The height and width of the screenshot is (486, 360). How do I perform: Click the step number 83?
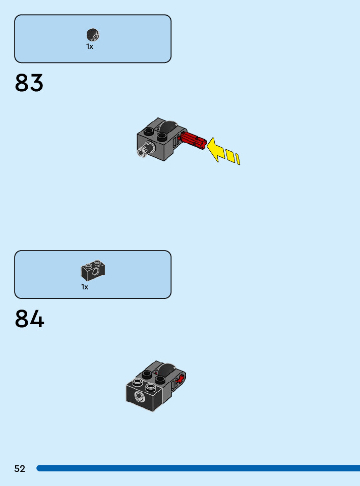pyautogui.click(x=29, y=83)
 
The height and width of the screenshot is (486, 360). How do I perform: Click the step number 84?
pyautogui.click(x=29, y=319)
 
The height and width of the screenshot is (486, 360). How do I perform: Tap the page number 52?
pyautogui.click(x=20, y=469)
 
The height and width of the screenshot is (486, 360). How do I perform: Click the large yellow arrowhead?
pyautogui.click(x=216, y=149)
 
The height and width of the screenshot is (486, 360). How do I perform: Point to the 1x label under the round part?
pyautogui.click(x=90, y=46)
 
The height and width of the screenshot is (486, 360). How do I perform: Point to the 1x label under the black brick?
pyautogui.click(x=85, y=287)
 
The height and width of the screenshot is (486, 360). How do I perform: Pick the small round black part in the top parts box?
pyautogui.click(x=93, y=35)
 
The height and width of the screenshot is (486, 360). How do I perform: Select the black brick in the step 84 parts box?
pyautogui.click(x=93, y=271)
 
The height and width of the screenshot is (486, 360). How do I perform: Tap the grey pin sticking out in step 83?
pyautogui.click(x=143, y=150)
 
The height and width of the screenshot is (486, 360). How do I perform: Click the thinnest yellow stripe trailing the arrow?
pyautogui.click(x=237, y=160)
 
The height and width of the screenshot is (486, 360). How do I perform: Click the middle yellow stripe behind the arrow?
pyautogui.click(x=230, y=156)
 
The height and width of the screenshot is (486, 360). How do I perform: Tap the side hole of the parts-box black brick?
pyautogui.click(x=95, y=274)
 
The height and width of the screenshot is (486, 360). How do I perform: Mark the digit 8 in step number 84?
pyautogui.click(x=22, y=319)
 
